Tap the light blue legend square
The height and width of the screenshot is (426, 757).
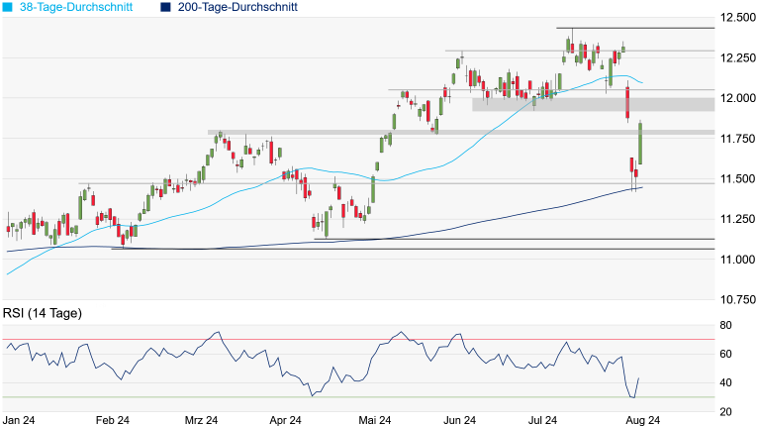point(7,7)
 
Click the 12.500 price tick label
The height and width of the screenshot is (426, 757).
point(737,18)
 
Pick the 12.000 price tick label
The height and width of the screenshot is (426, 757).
point(737,98)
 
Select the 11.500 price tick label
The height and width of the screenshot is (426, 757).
point(737,178)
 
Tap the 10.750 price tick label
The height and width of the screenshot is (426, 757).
point(737,298)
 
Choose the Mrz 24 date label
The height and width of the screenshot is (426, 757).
point(201,420)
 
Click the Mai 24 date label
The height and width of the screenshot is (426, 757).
point(373,420)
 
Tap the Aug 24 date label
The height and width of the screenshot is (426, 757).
point(643,420)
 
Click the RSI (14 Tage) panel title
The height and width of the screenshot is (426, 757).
point(42,314)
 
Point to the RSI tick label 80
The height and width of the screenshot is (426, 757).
point(725,325)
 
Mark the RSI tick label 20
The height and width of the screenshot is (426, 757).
point(725,411)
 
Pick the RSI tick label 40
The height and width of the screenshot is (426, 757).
point(725,382)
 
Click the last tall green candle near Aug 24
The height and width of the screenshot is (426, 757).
point(640,144)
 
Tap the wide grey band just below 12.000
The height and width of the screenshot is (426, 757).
point(593,104)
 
